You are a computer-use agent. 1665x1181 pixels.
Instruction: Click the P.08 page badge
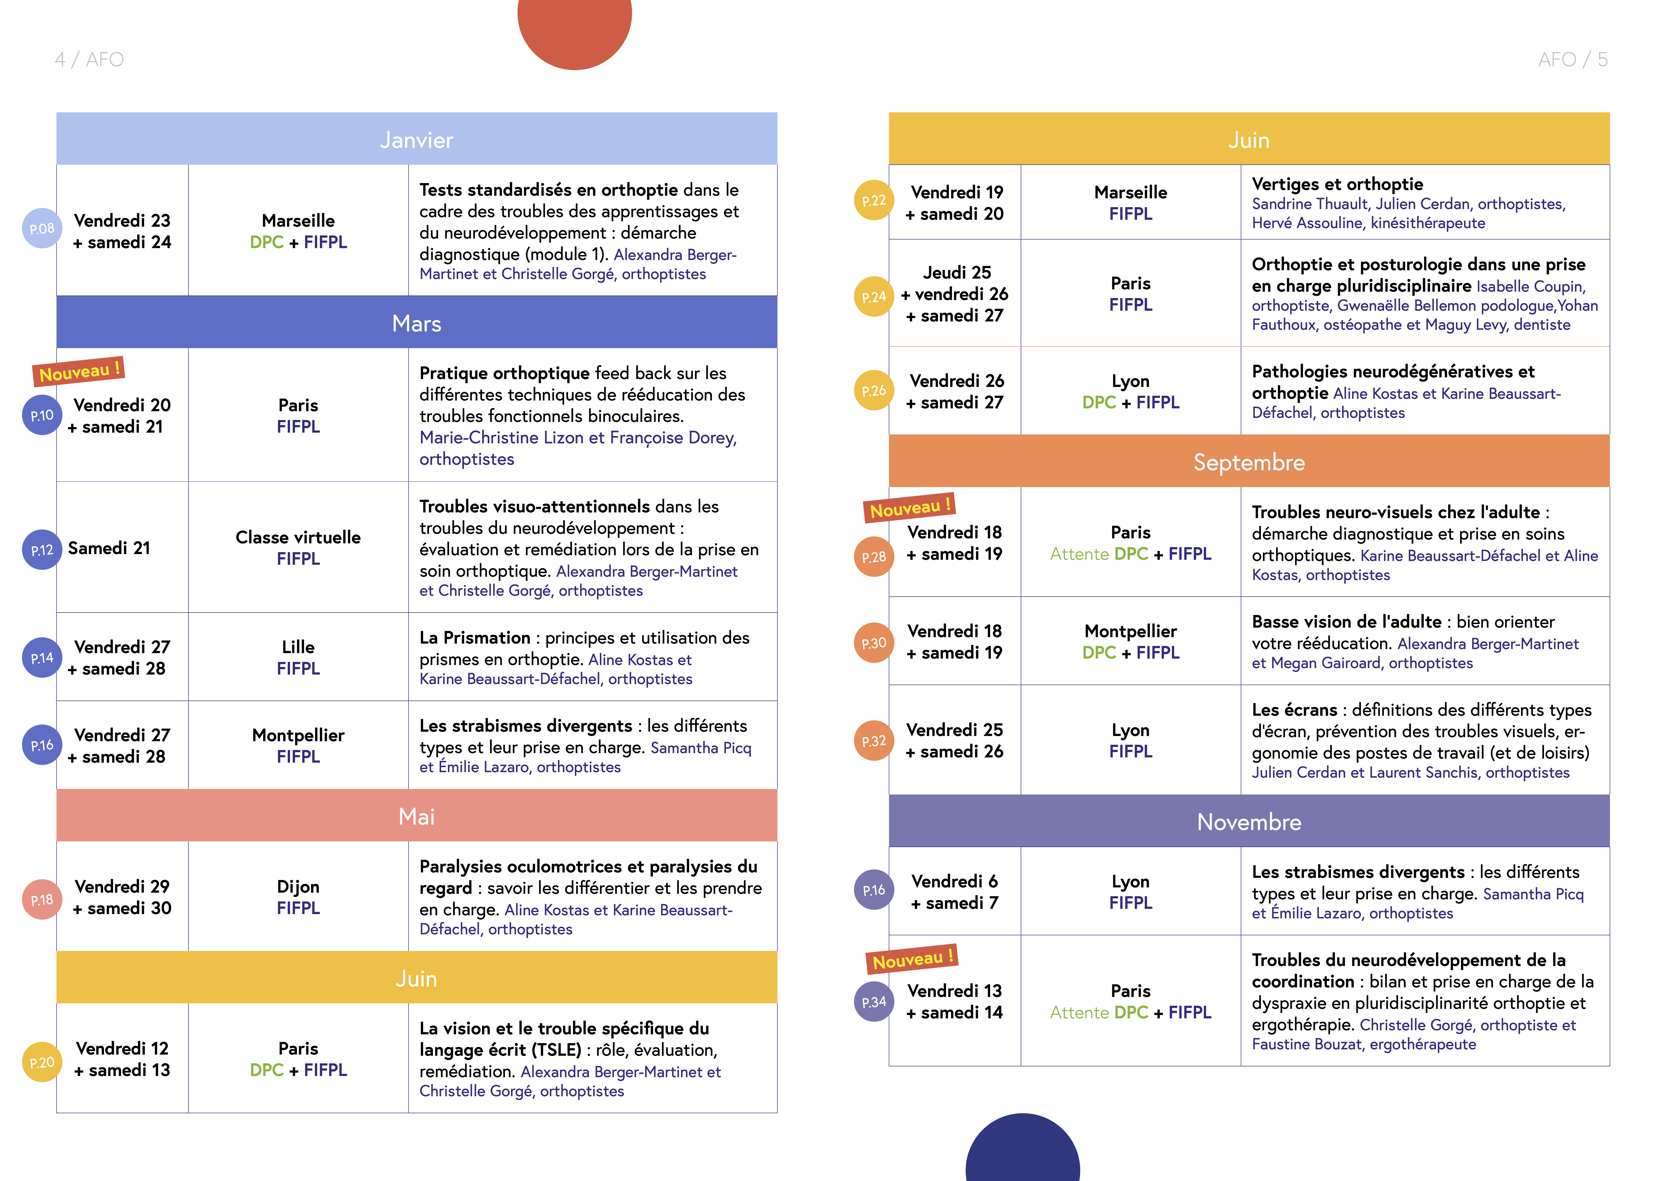pyautogui.click(x=41, y=228)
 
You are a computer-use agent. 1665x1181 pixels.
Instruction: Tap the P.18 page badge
pyautogui.click(x=41, y=900)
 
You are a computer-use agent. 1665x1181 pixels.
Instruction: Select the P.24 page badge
pyautogui.click(x=873, y=297)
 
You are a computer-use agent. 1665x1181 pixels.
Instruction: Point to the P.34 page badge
pyautogui.click(x=873, y=1001)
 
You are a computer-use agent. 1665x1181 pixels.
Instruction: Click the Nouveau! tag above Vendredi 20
pyautogui.click(x=79, y=372)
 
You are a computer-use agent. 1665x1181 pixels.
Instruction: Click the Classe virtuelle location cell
pyautogui.click(x=298, y=548)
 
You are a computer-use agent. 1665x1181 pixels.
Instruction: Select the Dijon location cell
pyautogui.click(x=298, y=897)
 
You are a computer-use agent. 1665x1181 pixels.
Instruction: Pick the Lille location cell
pyautogui.click(x=298, y=657)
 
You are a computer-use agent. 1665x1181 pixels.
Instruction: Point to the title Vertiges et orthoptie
pyautogui.click(x=1337, y=184)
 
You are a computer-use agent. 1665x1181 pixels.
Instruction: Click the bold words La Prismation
pyautogui.click(x=475, y=638)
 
